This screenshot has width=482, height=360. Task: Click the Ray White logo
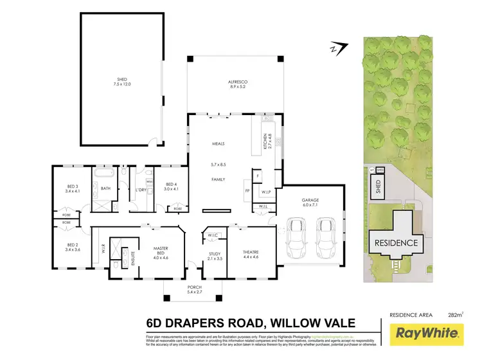click(x=428, y=334)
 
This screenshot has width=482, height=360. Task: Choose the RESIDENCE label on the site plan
click(x=397, y=244)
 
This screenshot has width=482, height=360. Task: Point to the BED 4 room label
click(x=170, y=186)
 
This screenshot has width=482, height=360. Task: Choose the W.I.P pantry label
click(x=265, y=192)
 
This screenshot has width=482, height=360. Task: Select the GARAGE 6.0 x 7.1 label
click(x=311, y=202)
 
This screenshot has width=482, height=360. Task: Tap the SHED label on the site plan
click(x=378, y=186)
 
